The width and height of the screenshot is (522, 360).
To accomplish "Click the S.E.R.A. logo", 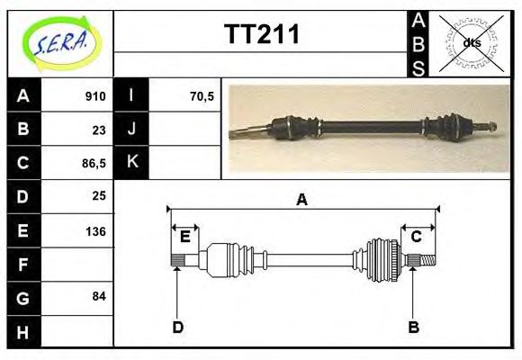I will [59, 43].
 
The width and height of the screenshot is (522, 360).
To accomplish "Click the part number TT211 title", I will [261, 36].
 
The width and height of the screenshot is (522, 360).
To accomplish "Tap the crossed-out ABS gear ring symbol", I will [471, 42].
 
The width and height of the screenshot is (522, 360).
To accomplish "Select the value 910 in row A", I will [95, 96].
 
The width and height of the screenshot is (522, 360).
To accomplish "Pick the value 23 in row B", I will [99, 130].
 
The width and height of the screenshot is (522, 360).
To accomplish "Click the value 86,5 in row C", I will [93, 164].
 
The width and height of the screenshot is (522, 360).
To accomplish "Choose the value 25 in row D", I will [99, 196].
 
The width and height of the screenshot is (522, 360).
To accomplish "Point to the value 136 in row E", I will [95, 230].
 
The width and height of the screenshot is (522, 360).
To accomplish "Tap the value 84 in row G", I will [99, 297].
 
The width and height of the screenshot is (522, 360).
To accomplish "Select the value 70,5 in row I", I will [202, 96].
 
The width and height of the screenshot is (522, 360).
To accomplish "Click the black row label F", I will [23, 264].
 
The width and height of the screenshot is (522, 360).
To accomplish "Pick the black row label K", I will [131, 163].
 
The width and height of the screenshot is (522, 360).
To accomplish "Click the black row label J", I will [131, 130].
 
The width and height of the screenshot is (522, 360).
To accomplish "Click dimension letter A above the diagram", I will [301, 200].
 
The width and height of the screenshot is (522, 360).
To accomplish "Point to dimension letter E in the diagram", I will [184, 237].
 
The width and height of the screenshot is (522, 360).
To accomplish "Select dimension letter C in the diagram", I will [417, 237].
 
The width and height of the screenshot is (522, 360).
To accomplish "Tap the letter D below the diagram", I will [177, 327].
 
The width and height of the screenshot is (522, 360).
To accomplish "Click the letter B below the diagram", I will [413, 327].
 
